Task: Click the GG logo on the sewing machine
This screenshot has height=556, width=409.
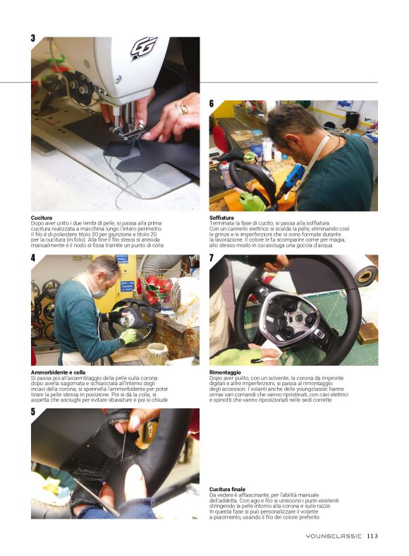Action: coord(144,48)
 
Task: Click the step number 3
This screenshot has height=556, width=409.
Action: coord(33,38)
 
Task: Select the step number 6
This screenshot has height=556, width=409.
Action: coord(212,103)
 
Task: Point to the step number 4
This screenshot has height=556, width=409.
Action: coord(33,258)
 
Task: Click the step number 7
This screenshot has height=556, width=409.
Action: coord(212,258)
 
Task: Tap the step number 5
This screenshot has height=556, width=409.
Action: coord(33,412)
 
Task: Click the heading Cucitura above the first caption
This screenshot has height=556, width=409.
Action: coord(42,218)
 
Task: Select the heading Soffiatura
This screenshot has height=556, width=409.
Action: coord(221,218)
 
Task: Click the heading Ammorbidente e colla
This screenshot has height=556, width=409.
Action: coord(58,372)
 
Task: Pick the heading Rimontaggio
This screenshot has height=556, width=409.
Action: coord(225,372)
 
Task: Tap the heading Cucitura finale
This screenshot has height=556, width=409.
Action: coord(227,490)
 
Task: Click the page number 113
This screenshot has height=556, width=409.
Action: coord(372,536)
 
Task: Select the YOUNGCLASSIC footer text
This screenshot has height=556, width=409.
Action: coord(334,536)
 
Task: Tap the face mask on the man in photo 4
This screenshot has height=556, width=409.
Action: coord(98,292)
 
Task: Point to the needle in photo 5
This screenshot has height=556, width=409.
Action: coord(124,446)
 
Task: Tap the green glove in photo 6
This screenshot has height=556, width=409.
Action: coord(252,201)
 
